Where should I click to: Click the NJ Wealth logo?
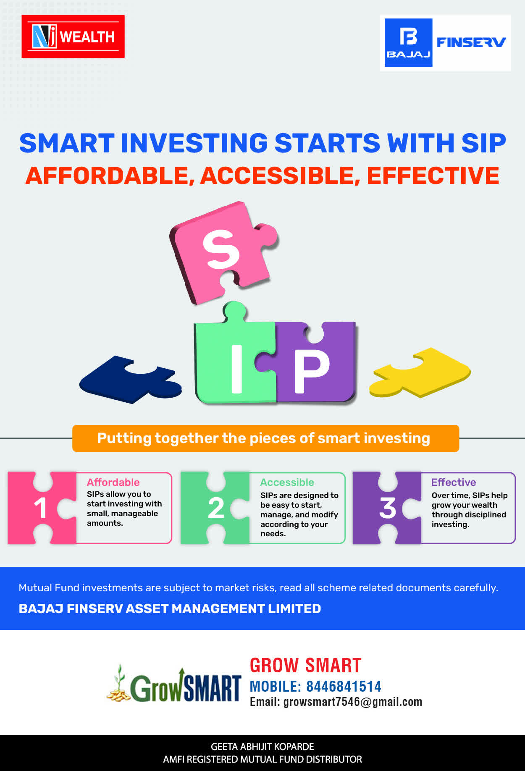(73, 37)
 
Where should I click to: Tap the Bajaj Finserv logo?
(445, 43)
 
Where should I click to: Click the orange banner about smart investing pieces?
(265, 438)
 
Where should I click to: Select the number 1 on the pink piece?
(40, 508)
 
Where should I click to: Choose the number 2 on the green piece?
(216, 508)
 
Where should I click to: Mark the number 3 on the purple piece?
(388, 508)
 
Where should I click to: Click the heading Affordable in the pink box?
(113, 482)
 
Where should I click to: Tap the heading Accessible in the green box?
(287, 482)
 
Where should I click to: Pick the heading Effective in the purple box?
(454, 482)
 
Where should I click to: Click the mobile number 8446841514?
(344, 687)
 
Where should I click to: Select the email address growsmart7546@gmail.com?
(353, 702)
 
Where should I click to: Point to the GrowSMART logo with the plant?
(173, 683)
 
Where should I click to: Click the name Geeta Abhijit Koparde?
(262, 747)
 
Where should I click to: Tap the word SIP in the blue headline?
(483, 143)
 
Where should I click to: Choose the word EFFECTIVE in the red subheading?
(433, 176)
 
